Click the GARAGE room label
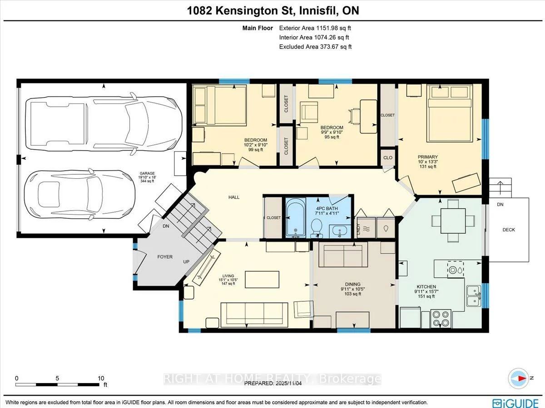[147, 173]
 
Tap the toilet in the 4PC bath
[316, 226]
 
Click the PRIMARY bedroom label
[427, 157]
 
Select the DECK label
[509, 230]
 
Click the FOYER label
[165, 257]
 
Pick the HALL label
[234, 197]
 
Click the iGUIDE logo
[516, 402]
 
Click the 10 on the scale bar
[101, 378]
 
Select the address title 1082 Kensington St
[272, 10]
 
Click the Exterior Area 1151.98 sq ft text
[315, 28]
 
